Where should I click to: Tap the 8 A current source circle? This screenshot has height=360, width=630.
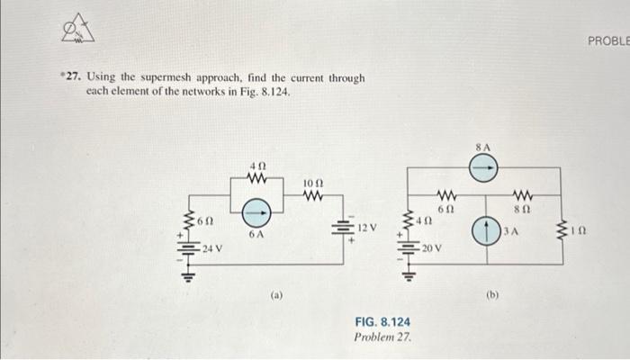(484, 166)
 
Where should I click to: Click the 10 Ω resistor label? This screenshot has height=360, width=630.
(312, 183)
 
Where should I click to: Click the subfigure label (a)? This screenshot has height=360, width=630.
(276, 293)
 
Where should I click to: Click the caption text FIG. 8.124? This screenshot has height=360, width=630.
(383, 321)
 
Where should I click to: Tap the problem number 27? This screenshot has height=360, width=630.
(66, 78)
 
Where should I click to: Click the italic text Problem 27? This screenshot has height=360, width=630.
(383, 336)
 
